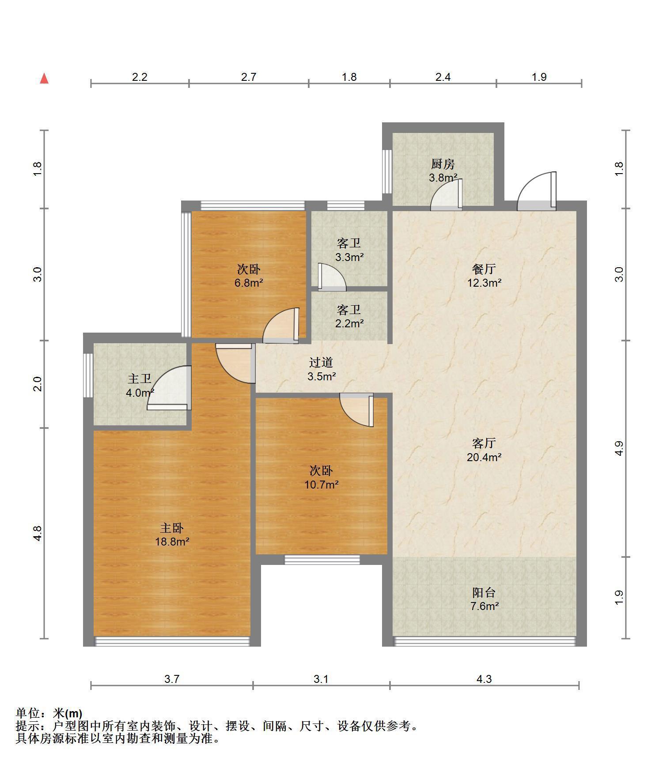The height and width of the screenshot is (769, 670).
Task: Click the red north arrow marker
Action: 44,79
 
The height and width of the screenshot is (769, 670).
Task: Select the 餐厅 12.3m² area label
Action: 484,276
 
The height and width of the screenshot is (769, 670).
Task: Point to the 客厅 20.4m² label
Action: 484,450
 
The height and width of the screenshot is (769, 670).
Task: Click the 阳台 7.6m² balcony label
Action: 484,599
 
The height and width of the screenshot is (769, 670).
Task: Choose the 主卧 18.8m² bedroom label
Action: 172,534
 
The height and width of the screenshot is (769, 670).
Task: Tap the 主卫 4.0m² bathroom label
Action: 140,385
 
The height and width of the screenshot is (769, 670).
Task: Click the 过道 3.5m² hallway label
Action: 321,369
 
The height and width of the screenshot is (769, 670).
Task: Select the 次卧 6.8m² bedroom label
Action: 249,276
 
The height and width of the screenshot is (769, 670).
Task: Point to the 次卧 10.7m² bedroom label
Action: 321,477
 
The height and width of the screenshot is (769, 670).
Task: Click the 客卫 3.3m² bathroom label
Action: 349,250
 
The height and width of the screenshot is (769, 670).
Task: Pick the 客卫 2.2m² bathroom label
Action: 349,316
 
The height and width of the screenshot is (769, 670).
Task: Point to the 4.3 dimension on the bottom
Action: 484,679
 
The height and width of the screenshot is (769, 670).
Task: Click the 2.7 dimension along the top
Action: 249,77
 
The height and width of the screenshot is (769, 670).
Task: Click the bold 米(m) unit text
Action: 68,713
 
